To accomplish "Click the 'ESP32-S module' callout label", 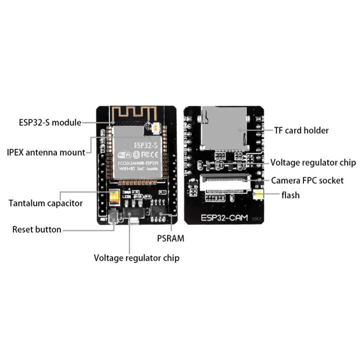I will tap(49, 121).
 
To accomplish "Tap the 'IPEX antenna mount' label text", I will tap(46, 152).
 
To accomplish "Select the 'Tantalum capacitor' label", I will tap(45, 203).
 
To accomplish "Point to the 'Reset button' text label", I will tap(36, 229).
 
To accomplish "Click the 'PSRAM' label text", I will tap(169, 238).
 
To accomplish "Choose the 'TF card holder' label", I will tap(301, 130).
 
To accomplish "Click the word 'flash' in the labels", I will tap(290, 195).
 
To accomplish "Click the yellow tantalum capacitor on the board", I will tap(114, 197).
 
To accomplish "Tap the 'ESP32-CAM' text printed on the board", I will tap(223, 218).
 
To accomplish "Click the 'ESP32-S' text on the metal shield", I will tap(145, 145).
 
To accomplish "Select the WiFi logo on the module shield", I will tap(124, 155).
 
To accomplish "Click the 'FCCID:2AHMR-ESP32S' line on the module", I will tap(138, 163).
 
